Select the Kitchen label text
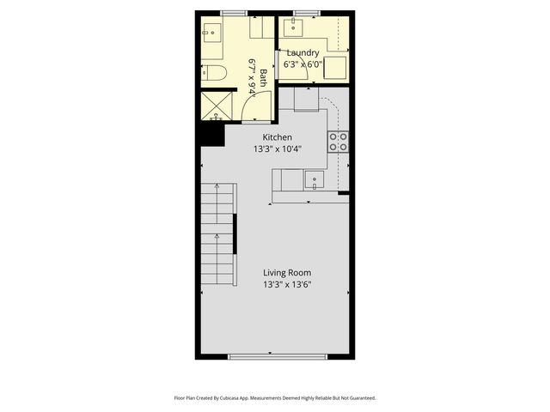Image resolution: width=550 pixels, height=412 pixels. coord(277,137)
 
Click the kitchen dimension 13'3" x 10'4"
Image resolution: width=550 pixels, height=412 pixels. coord(277,148)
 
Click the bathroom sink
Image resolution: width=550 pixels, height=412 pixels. coord(211,33)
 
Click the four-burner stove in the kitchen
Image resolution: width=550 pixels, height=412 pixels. coord(338,142)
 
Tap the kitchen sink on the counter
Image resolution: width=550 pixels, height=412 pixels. coord(315,180)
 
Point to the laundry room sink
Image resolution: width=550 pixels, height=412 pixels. coord(296,26)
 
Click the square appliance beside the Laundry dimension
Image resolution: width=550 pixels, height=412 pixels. coord(335,67)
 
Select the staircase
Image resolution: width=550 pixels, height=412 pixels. coord(218,233)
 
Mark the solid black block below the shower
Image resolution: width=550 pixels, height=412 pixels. coord(211,134)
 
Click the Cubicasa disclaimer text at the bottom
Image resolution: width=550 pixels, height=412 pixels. coord(275,398)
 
